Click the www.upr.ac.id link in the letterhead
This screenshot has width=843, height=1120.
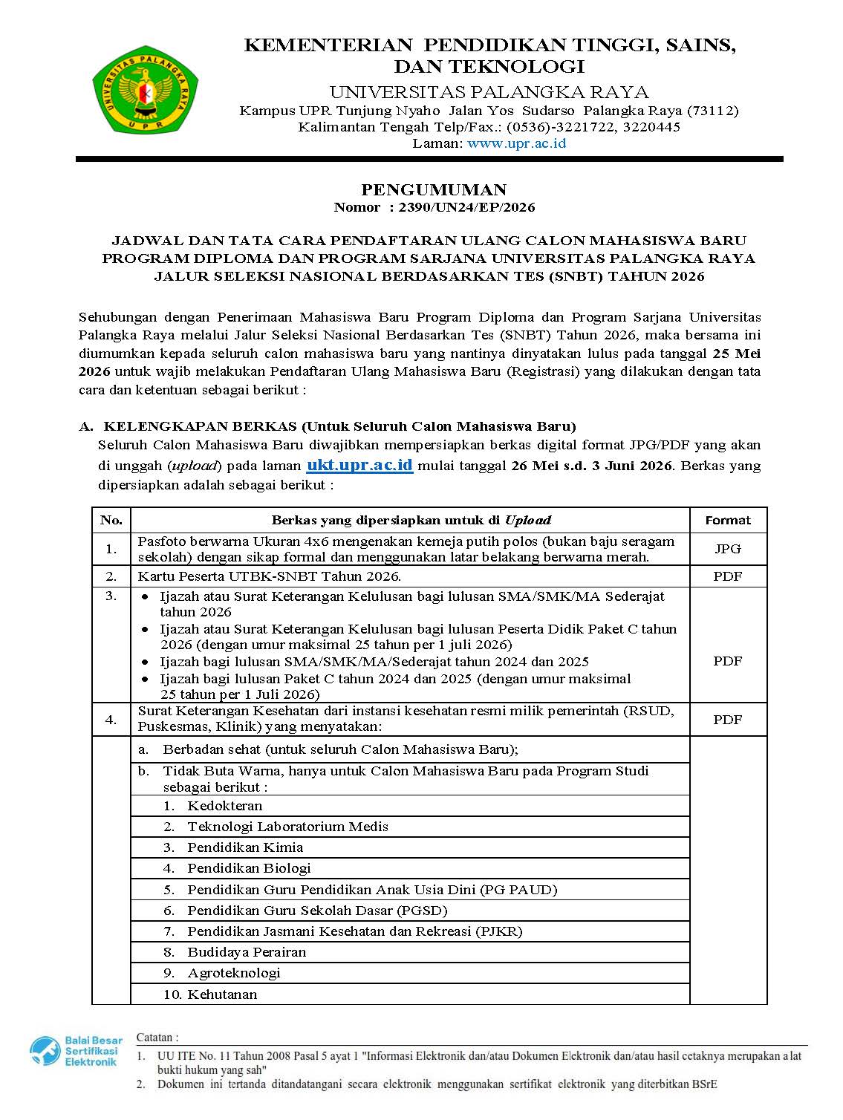click(x=516, y=143)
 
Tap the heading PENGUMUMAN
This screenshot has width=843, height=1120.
click(x=434, y=189)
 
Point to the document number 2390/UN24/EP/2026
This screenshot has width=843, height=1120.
click(x=466, y=207)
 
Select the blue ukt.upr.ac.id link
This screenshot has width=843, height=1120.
click(x=359, y=466)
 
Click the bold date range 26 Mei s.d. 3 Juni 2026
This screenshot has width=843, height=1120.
click(x=592, y=466)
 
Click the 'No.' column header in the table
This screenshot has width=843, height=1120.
click(x=111, y=520)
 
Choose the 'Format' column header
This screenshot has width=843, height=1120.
click(x=727, y=520)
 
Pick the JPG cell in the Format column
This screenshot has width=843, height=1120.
click(x=727, y=549)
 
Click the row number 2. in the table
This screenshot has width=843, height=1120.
click(x=111, y=576)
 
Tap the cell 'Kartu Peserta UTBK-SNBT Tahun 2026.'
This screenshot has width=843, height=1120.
click(x=269, y=576)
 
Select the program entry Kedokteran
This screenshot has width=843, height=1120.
click(x=224, y=806)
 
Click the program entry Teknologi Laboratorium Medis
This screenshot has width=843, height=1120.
click(x=287, y=827)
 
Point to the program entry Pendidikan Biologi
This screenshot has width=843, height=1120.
click(x=249, y=868)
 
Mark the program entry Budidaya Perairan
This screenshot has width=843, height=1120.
click(x=247, y=952)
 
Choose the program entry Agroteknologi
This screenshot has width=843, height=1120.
click(x=234, y=973)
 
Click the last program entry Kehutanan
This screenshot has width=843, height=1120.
click(x=222, y=994)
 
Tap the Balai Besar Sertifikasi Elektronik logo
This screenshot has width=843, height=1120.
click(x=74, y=1051)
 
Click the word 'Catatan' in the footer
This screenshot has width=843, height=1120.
click(x=156, y=1038)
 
